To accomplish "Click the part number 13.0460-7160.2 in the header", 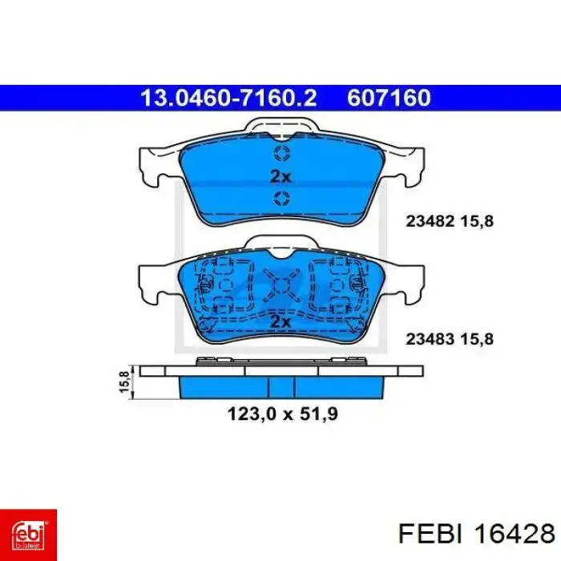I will [x=229, y=98].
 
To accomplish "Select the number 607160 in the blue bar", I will [x=389, y=98].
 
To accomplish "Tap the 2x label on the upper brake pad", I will [x=280, y=176].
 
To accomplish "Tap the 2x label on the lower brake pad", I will [x=280, y=321].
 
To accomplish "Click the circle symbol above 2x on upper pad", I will [x=281, y=154].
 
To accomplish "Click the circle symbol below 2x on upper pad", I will [x=281, y=199].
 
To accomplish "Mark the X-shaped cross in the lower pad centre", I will [x=281, y=285].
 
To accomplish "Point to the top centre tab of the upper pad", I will [x=280, y=127].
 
